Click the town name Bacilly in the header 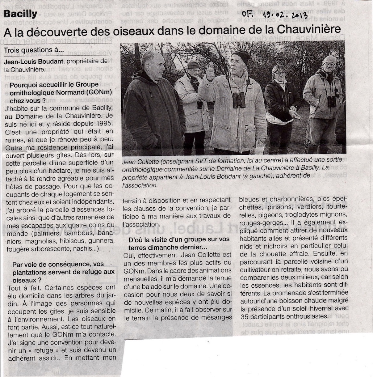[20, 14]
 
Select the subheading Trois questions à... [34, 50]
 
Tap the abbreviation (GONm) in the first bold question [98, 92]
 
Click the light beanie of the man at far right [329, 60]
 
